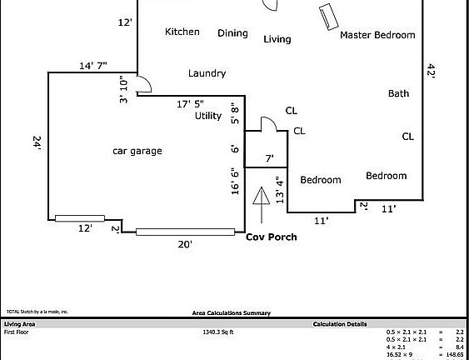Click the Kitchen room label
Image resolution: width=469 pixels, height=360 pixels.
182,32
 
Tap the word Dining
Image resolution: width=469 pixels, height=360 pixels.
232,33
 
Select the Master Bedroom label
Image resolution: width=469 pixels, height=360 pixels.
377,35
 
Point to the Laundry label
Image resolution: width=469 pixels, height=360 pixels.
207,73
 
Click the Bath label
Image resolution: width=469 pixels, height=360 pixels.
398,93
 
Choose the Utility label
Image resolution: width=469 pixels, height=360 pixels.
208,117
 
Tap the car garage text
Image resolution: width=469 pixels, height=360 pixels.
137,151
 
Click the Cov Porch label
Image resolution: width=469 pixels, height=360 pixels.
271,237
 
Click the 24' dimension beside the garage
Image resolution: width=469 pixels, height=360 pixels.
37,144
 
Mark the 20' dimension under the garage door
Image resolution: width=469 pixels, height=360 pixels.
185,244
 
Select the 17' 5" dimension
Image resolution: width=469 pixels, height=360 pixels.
190,104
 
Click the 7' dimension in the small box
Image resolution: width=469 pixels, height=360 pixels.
269,157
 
